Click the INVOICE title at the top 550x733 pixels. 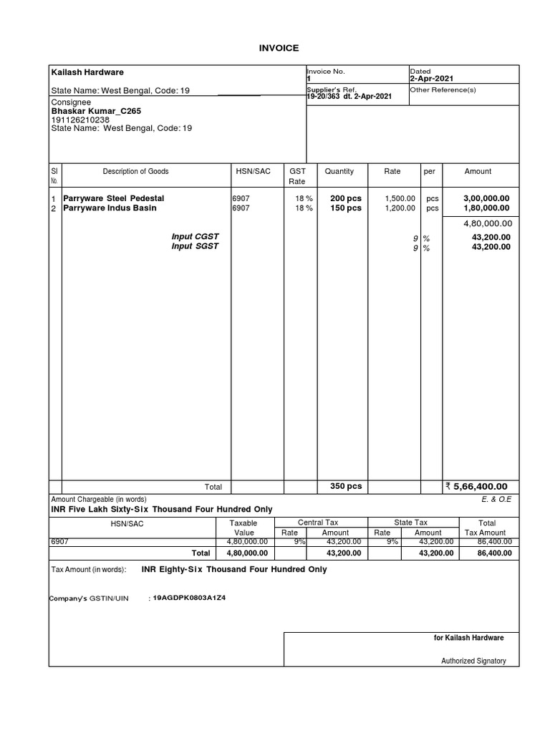coord(278,48)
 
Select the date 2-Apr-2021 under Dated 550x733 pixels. coord(431,78)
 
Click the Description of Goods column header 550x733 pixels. coord(135,172)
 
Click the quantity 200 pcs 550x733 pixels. coord(345,198)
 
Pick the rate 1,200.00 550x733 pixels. coord(400,208)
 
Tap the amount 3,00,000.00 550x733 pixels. coord(486,198)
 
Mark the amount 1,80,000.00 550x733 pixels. coord(486,208)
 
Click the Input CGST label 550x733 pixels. coord(195,236)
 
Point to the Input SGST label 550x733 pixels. coord(195,246)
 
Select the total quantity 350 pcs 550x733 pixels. coord(345,486)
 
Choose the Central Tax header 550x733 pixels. coord(322,523)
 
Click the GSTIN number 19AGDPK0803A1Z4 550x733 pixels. coord(188,597)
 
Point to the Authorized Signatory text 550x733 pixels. coord(473,661)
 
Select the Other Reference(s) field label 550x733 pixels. coord(443,90)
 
